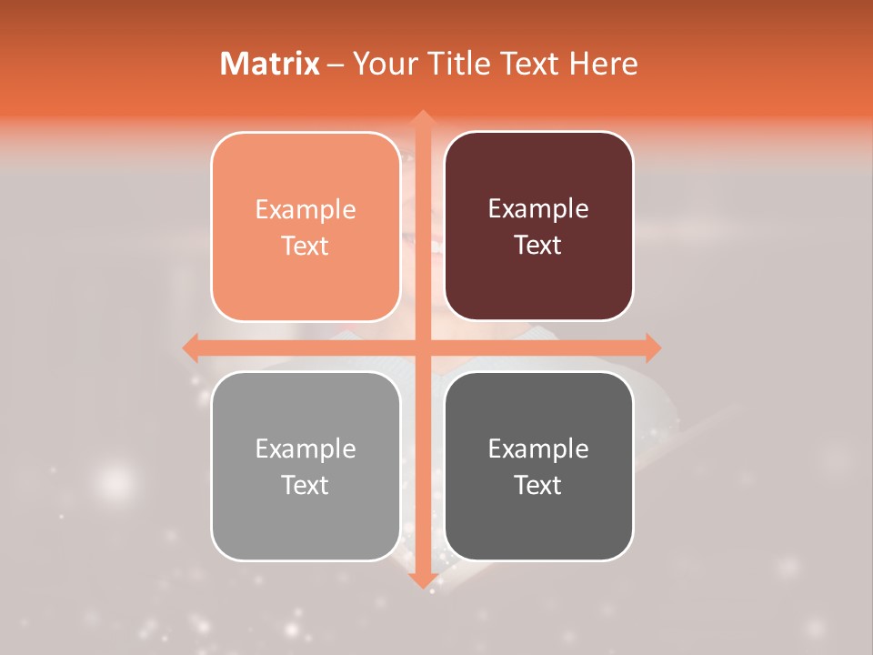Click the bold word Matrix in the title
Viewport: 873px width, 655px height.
pos(270,64)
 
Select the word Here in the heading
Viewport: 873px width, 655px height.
pos(603,64)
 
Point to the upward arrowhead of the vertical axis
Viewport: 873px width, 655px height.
pos(422,118)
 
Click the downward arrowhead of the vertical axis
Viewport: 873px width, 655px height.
pos(422,579)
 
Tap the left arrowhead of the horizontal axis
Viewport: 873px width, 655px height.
pos(191,348)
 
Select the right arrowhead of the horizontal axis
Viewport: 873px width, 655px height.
pos(652,348)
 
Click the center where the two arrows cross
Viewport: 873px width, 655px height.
pos(422,348)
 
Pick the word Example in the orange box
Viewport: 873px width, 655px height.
pos(306,210)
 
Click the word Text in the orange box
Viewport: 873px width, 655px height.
pos(306,246)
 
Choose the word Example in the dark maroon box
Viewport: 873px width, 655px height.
pos(538,209)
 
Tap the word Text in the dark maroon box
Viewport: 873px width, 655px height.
pos(538,245)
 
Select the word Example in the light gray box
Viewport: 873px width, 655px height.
pos(306,448)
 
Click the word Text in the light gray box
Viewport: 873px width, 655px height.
pos(306,485)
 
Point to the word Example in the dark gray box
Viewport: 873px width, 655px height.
pos(538,448)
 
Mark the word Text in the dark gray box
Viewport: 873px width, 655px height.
pos(538,485)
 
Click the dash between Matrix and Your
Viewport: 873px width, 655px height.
pos(336,65)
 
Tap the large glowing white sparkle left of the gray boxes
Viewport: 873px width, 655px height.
pos(114,479)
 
